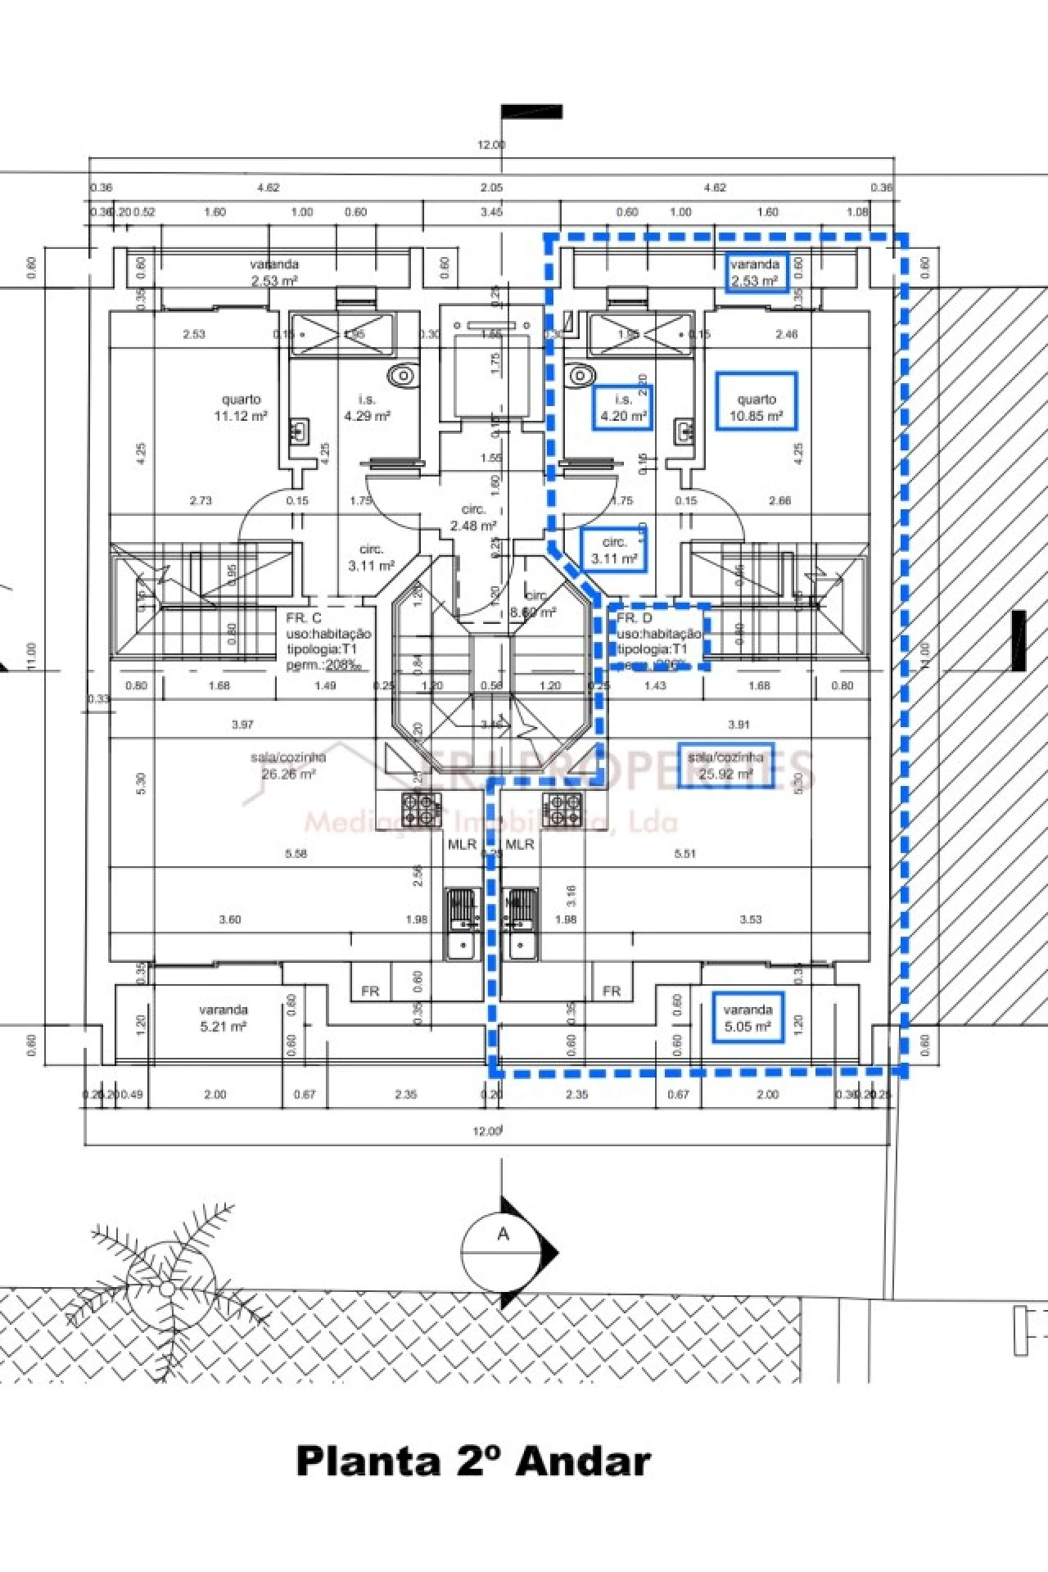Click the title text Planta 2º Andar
473,1461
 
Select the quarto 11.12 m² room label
241,408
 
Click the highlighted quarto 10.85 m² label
756,408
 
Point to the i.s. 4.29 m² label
367,408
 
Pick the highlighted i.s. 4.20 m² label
623,408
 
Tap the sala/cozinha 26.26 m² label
288,766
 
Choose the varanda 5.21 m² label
223,1018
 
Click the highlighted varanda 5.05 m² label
748,1018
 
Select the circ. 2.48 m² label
473,517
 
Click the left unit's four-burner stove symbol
420,809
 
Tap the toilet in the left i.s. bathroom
402,376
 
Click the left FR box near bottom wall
370,991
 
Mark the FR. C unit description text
327,641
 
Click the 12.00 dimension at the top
491,145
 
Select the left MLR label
462,844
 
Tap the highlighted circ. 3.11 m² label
615,550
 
